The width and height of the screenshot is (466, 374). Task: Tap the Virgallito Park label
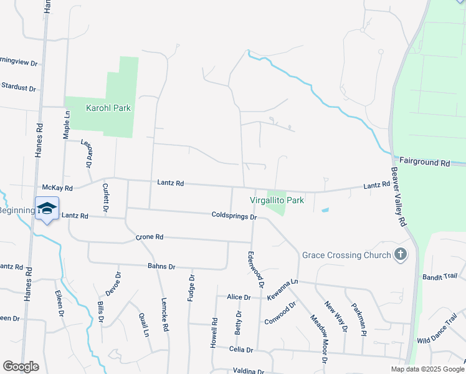click(277, 200)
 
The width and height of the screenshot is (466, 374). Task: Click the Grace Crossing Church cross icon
click(400, 254)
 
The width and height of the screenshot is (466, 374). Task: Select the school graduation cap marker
click(47, 208)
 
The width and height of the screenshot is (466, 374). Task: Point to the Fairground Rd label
click(424, 162)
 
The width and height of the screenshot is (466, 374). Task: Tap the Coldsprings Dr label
click(234, 216)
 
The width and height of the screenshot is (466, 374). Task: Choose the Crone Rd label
click(150, 237)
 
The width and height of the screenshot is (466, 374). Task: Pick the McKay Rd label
click(57, 188)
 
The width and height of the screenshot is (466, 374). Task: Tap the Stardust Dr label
click(18, 87)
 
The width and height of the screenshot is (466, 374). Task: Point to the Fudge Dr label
click(191, 288)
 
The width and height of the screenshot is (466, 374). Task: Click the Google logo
click(21, 367)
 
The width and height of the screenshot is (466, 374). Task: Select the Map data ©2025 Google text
click(427, 369)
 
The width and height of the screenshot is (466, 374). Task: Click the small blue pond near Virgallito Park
click(325, 210)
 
